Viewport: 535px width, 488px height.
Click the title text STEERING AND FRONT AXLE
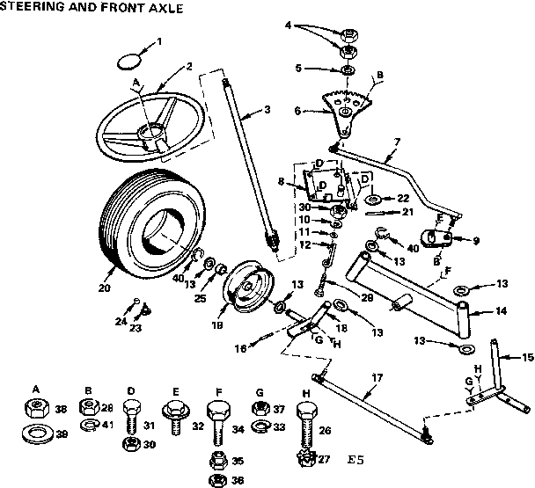pos(92,9)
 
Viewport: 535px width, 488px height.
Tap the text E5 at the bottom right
pos(355,459)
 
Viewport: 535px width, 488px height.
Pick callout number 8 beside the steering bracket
pos(280,182)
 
